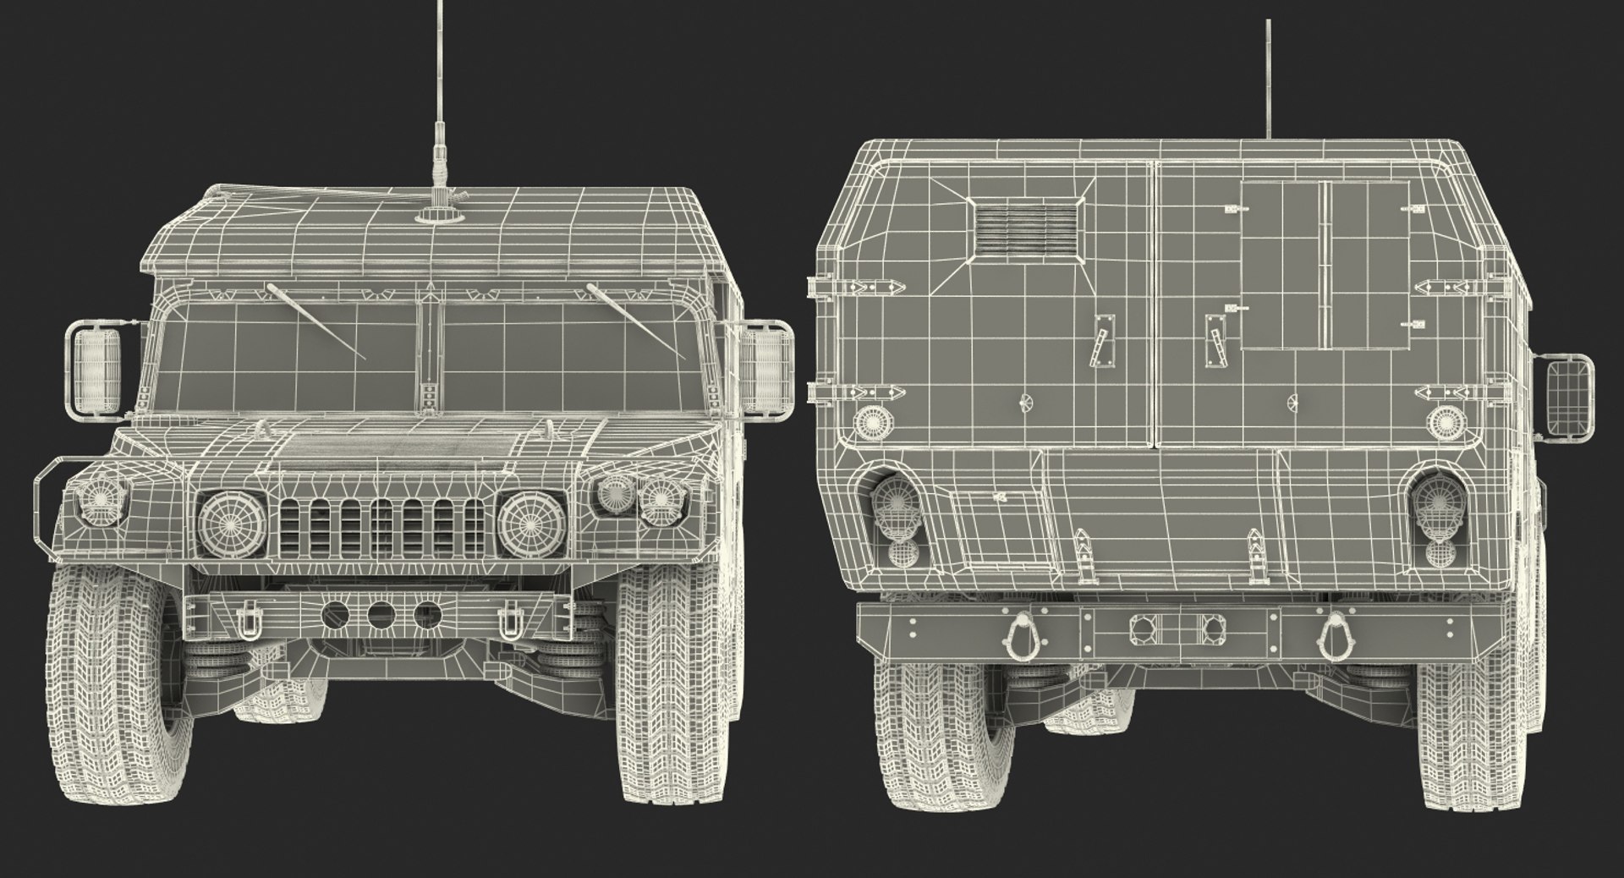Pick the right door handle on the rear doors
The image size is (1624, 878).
[x=1215, y=340]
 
